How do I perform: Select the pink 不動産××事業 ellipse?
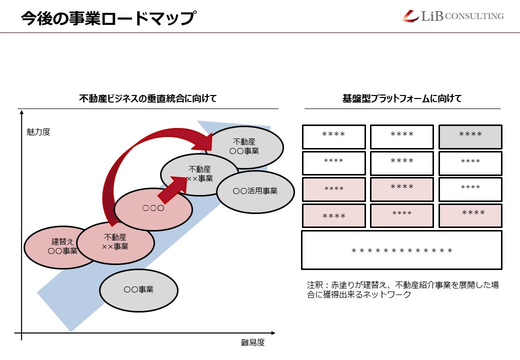click(115, 242)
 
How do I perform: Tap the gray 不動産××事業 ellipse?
click(199, 173)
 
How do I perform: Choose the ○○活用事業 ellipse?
click(255, 190)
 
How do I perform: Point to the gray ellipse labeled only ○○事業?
click(138, 289)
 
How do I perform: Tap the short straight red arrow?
click(172, 187)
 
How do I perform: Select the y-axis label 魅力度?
click(38, 132)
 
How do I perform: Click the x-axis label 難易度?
click(252, 342)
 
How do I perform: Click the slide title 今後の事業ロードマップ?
click(107, 18)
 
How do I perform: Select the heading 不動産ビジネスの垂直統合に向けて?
click(148, 98)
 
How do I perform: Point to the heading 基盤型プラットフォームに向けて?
click(402, 98)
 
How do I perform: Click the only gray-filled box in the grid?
click(470, 136)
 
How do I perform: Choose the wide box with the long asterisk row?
click(401, 250)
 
